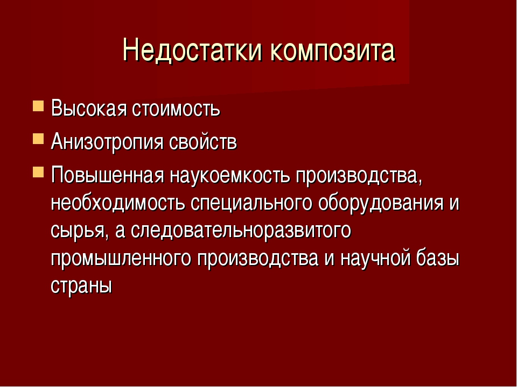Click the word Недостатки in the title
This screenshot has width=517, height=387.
(193, 51)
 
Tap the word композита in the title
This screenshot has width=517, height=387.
(333, 51)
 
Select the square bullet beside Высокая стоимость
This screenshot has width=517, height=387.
(38, 106)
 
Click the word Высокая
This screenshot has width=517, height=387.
(89, 108)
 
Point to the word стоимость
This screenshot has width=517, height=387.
(176, 108)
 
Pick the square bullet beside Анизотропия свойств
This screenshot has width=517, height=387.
(38, 139)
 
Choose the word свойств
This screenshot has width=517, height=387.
(203, 141)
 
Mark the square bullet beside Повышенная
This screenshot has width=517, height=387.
(38, 172)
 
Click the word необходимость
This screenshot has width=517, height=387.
(118, 203)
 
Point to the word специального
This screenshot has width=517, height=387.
(251, 203)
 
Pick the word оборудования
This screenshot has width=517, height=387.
(381, 203)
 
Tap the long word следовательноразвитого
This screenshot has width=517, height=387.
(241, 231)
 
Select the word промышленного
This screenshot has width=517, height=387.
(121, 259)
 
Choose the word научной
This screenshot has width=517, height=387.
(375, 259)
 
